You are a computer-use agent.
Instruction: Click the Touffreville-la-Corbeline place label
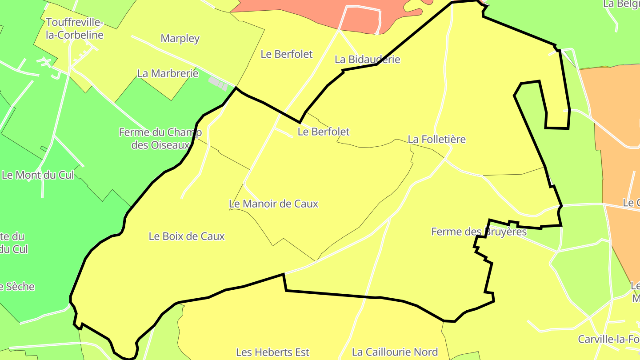click(74, 28)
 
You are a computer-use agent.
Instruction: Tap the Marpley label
click(180, 38)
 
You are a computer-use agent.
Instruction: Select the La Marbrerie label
click(168, 73)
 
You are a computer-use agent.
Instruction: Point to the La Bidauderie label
click(367, 59)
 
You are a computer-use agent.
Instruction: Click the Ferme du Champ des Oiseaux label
click(160, 138)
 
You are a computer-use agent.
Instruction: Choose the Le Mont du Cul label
click(38, 175)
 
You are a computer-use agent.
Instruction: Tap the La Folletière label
click(436, 139)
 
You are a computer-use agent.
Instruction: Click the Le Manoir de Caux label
click(273, 204)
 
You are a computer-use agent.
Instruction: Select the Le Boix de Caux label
click(187, 236)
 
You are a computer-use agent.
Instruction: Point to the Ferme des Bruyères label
click(479, 232)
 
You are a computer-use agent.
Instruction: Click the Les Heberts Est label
click(272, 352)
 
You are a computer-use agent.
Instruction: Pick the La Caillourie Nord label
click(395, 352)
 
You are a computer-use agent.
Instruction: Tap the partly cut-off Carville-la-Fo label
click(608, 339)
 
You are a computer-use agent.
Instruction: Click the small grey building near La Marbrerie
click(218, 83)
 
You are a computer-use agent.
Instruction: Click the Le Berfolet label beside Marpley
click(287, 54)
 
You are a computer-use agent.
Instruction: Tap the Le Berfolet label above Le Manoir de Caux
click(323, 132)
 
